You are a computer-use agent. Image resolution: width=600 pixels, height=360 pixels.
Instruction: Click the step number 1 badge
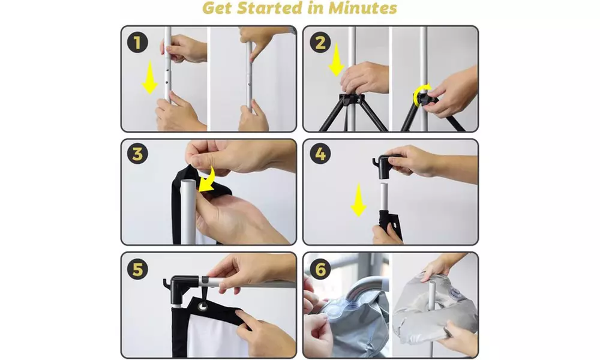pos(137,42)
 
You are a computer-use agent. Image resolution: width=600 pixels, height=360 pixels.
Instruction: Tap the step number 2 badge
pos(320,42)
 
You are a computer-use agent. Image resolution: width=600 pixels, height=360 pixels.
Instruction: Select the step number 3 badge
pos(137,154)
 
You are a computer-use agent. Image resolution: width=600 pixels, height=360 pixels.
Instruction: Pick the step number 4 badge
pos(320,154)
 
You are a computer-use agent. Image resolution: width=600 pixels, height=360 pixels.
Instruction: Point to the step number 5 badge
pos(137,269)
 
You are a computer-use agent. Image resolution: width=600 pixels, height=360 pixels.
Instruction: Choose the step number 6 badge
pos(320,269)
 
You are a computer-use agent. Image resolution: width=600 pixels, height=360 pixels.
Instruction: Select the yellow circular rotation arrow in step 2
pos(422,93)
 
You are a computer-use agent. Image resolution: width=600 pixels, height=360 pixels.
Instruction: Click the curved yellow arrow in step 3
pos(207,180)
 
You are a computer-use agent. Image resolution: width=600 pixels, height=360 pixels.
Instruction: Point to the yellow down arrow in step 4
pos(359,200)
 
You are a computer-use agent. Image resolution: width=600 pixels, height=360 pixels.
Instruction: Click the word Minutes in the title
pos(362,8)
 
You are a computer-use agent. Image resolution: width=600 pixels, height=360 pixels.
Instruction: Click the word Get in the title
pos(217,8)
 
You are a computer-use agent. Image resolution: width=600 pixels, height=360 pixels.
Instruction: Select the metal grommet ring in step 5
pos(202,305)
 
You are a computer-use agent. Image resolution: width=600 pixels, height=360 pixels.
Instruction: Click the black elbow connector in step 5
pos(181,287)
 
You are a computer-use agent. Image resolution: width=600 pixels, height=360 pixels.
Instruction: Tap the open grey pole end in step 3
pos(188,183)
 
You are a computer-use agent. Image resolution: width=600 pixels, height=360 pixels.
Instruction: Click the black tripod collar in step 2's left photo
pos(351,99)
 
